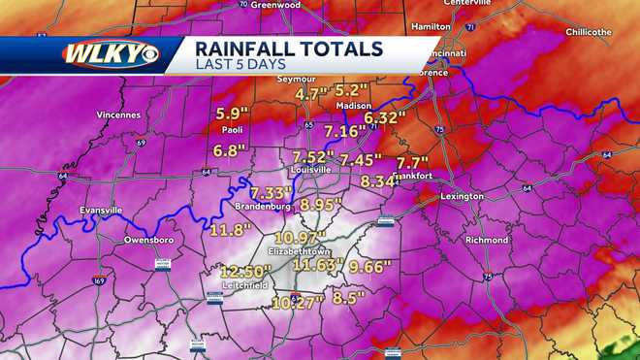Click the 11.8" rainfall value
230,230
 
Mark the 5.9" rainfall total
233,113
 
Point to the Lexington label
462,197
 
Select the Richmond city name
486,240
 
